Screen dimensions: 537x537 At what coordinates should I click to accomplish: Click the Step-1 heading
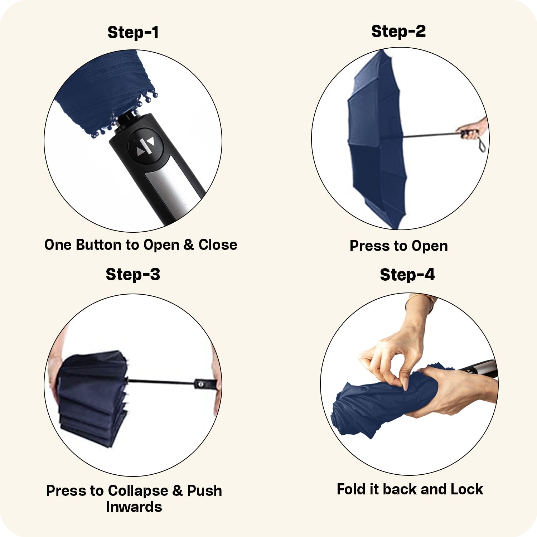click(x=133, y=32)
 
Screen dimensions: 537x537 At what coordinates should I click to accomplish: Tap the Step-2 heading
click(x=398, y=31)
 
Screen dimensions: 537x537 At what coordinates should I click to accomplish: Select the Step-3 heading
click(x=133, y=275)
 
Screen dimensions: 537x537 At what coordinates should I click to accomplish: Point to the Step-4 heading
click(x=407, y=275)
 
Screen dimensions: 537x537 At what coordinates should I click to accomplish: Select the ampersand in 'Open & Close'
click(x=188, y=245)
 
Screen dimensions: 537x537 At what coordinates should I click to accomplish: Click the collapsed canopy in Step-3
click(x=92, y=397)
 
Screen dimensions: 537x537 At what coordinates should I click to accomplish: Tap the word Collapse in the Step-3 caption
click(x=138, y=491)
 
